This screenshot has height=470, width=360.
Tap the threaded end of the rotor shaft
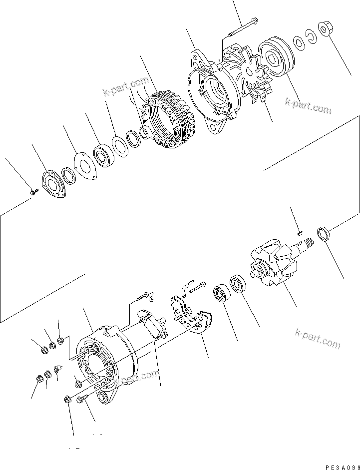click(306, 244)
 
